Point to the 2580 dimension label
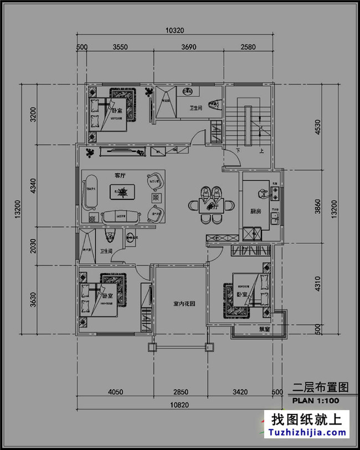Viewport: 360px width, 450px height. click(248, 47)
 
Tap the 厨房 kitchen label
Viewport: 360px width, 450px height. click(255, 211)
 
